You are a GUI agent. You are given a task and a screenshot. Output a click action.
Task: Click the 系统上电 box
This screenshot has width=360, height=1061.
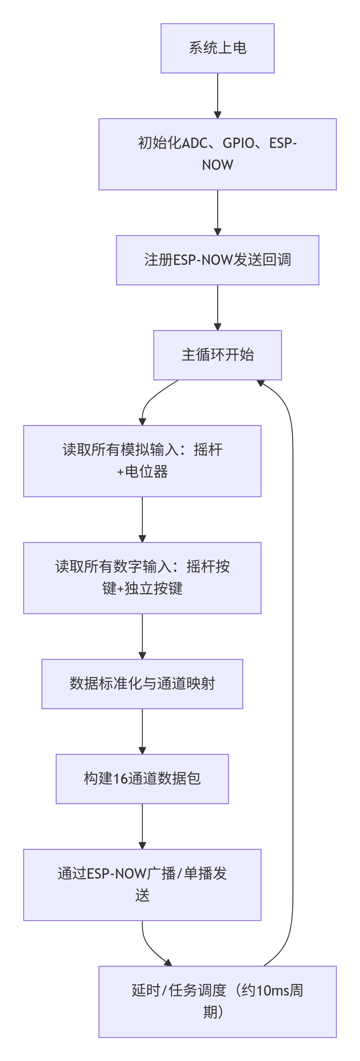(218, 48)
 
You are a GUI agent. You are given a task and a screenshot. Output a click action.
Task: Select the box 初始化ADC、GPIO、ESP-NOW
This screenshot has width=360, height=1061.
(218, 154)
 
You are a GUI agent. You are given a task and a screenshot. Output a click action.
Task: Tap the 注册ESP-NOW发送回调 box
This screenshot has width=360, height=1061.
(218, 260)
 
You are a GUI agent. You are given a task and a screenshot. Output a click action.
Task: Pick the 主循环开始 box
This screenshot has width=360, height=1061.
(218, 355)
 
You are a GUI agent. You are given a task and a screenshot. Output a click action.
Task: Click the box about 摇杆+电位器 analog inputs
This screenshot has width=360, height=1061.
(142, 461)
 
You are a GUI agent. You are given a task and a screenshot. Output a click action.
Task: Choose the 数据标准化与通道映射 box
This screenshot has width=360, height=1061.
(142, 684)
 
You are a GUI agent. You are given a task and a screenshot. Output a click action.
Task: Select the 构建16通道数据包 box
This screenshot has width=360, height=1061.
(142, 778)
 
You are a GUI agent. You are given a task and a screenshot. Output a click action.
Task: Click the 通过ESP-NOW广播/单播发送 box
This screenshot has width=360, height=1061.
(142, 885)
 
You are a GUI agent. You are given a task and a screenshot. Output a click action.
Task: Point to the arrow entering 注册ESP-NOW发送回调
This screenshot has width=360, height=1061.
(218, 213)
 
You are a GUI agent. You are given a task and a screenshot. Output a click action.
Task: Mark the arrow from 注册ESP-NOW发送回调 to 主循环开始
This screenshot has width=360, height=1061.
(218, 307)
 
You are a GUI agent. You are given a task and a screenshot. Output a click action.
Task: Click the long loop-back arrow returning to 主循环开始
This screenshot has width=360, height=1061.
(292, 659)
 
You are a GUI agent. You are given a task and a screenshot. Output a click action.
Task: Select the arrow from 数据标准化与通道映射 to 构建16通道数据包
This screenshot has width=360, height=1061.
(142, 731)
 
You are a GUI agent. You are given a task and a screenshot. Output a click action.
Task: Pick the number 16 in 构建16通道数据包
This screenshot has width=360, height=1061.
(120, 778)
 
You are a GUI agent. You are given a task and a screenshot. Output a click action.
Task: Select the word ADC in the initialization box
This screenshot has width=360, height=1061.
(195, 143)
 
